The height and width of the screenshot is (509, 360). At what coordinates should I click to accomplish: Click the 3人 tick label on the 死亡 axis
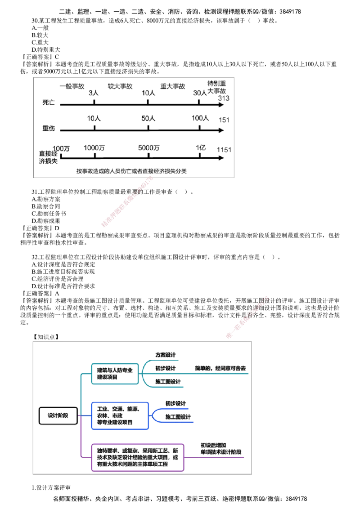pyautogui.click(x=94, y=93)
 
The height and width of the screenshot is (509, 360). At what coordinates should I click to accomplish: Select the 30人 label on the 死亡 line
pyautogui.click(x=200, y=93)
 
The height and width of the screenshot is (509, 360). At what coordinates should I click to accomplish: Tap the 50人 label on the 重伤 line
pyautogui.click(x=148, y=119)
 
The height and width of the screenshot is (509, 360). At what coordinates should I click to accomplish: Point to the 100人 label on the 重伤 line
pyautogui.click(x=200, y=118)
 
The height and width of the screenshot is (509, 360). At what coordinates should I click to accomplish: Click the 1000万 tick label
pyautogui.click(x=94, y=147)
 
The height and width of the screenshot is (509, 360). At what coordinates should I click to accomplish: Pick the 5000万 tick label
pyautogui.click(x=149, y=147)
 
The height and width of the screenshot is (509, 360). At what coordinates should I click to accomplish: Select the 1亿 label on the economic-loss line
pyautogui.click(x=200, y=147)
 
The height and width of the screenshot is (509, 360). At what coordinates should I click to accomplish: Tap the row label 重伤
pyautogui.click(x=48, y=129)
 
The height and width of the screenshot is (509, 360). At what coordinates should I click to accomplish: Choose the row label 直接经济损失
pyautogui.click(x=48, y=157)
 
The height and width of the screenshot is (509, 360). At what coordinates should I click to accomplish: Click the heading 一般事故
pyautogui.click(x=72, y=86)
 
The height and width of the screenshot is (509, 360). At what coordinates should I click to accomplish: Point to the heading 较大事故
pyautogui.click(x=119, y=86)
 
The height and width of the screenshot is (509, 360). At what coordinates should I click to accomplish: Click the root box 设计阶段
pyautogui.click(x=58, y=415)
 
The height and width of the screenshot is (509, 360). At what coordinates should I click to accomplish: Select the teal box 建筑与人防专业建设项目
pyautogui.click(x=115, y=374)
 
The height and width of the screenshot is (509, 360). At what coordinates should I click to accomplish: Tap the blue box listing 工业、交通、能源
pyautogui.click(x=119, y=415)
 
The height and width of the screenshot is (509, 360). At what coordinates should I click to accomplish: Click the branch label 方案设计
pyautogui.click(x=165, y=355)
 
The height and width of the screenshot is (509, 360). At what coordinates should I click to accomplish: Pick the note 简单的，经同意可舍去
pyautogui.click(x=220, y=368)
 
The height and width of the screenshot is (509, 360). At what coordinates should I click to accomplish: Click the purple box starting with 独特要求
pyautogui.click(x=138, y=458)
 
